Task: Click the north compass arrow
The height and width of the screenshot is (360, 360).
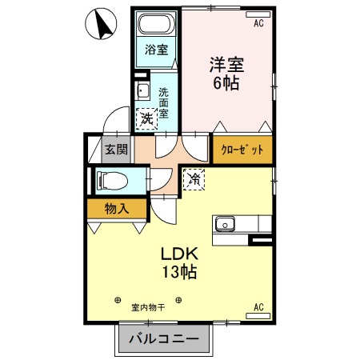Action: tap(102, 25)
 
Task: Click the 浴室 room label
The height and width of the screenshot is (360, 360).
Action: tap(156, 50)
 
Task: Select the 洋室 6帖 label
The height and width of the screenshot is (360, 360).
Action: tap(226, 73)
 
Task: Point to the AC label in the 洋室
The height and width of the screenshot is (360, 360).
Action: tap(258, 24)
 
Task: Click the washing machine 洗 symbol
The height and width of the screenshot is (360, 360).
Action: tap(146, 118)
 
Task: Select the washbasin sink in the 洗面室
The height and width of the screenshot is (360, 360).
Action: tap(142, 90)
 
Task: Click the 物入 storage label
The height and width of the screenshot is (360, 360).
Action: tap(117, 209)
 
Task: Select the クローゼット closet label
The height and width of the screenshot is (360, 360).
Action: tap(242, 150)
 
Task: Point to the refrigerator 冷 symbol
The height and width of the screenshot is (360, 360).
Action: tap(194, 178)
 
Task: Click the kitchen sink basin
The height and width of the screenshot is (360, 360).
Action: tap(224, 224)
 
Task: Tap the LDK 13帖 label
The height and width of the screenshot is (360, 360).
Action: tap(180, 262)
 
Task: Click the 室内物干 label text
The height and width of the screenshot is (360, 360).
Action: tap(148, 306)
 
